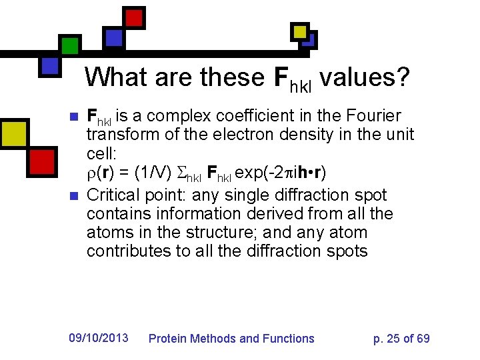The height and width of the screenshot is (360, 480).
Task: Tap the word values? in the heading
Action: click(x=364, y=77)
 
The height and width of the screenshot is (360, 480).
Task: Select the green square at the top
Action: click(x=70, y=45)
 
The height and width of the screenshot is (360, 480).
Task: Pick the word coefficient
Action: click(x=263, y=116)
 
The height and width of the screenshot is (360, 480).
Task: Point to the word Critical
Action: click(x=115, y=195)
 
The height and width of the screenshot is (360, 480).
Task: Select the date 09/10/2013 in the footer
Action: click(x=99, y=338)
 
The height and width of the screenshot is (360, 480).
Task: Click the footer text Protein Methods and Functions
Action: click(x=231, y=339)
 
